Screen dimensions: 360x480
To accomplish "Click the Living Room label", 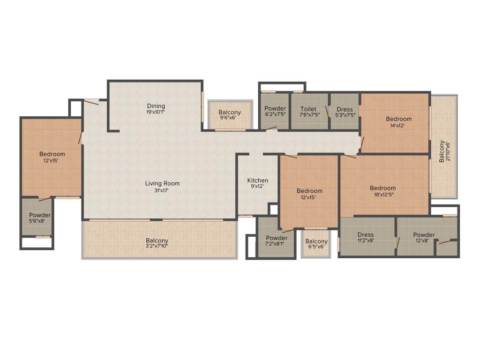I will coord(162,183).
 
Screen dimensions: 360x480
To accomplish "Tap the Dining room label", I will coord(156,106).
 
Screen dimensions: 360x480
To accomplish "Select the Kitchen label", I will coord(258,180).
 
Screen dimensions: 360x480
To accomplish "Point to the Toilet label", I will coord(308,109).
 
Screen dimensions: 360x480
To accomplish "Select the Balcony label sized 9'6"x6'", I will coord(230,112).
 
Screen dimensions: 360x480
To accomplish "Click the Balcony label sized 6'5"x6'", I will coord(316,241).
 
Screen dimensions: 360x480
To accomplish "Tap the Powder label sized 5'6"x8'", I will coord(40,215).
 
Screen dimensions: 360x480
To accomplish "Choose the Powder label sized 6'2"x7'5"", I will coord(275,109).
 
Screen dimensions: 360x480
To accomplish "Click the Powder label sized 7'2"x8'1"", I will coord(277,238).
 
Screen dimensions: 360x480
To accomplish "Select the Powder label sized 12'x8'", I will coord(424,235).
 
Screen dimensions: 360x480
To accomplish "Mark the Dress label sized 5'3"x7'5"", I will coord(345,109).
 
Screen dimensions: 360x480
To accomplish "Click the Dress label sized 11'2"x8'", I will coord(366,235).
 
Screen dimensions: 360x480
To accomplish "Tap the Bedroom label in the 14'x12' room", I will coord(399,119).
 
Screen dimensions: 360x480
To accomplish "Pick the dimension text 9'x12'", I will coord(258,187).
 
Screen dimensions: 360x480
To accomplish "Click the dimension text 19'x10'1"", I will coord(156,112).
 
